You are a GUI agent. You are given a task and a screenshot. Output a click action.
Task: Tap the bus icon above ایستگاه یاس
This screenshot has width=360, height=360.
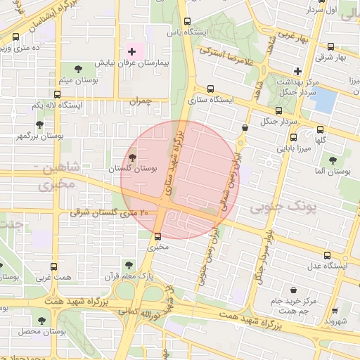coord(187,22)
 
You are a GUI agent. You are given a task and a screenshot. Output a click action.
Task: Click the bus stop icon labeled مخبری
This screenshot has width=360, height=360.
coord(157,236)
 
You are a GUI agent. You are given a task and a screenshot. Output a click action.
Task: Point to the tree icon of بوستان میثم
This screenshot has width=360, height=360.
coord(77,69)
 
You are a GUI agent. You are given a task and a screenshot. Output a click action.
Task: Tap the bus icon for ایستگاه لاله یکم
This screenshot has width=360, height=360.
coord(57,94)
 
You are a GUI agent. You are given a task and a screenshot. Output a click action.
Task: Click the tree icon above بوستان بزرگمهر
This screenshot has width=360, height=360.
coord(39,124)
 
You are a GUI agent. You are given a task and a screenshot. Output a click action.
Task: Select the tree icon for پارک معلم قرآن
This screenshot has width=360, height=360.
coord(128,265)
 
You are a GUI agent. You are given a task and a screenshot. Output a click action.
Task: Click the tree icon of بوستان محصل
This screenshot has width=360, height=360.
coord(42,320)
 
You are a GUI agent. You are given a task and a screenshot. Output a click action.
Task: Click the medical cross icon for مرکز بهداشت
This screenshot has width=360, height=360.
coord(297,70)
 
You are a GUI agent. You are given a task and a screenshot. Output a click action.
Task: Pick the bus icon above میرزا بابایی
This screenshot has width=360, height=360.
coord(293,137)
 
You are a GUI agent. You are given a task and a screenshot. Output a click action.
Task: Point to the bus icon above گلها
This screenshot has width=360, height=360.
coord(321,129)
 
